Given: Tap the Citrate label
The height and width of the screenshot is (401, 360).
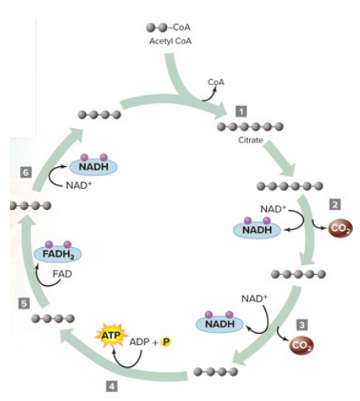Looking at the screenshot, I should click(251, 141).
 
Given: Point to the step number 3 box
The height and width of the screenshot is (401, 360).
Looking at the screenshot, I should click(302, 325).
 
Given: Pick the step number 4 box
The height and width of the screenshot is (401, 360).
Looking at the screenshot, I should click(113, 386).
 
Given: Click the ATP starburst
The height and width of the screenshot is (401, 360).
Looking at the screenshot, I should click(109, 334).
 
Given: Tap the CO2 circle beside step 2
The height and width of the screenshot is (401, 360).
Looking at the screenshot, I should click(341, 229).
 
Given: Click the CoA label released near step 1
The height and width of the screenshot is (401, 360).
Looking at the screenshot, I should click(216, 82).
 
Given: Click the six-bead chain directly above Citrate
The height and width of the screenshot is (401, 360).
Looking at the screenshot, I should click(251, 126).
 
